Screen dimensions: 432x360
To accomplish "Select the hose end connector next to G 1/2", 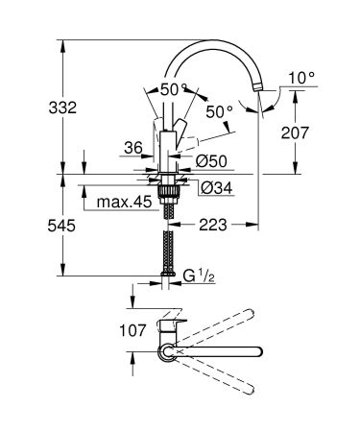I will click(169, 278).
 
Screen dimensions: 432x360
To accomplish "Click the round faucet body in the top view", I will click(168, 354).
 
